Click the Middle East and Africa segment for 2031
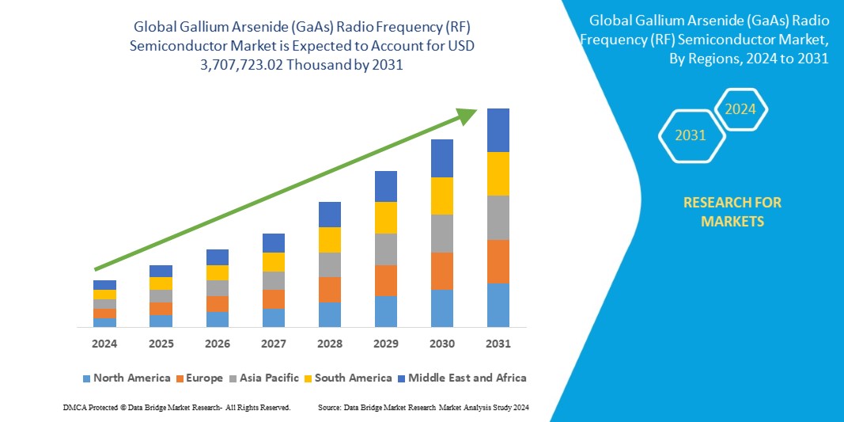(498, 130)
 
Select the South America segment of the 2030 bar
(442, 196)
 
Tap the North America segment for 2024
(104, 322)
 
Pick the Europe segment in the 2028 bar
(330, 290)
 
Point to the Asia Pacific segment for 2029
(386, 249)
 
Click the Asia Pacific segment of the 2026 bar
(218, 288)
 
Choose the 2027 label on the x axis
(274, 344)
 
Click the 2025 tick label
(161, 344)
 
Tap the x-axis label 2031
(498, 344)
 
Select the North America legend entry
(126, 378)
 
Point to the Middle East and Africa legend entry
(463, 378)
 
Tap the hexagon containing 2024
(740, 109)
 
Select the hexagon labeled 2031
(691, 135)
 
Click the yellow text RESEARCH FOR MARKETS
(732, 211)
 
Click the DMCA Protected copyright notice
(176, 407)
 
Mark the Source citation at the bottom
(423, 407)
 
